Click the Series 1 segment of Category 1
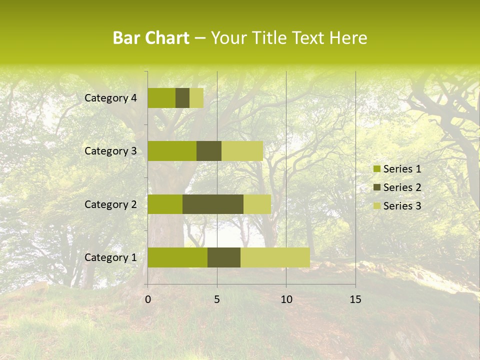coord(177,257)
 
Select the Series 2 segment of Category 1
coord(224,257)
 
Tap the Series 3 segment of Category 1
coord(275,257)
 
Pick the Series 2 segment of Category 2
coord(213,204)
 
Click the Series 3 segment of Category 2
coord(257,204)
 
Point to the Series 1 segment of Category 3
coord(172,151)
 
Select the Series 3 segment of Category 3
coord(242,151)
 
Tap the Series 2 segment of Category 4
coord(182,98)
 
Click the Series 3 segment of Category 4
coord(196,98)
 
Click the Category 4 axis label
coord(110,98)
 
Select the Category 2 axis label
coord(110,204)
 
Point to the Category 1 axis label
coord(110,257)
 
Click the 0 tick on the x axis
coord(148,299)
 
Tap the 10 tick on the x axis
coord(286,299)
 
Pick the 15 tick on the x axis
coord(355,299)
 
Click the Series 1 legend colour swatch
coord(376,169)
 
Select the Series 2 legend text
coord(402,187)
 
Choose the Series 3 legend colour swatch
coord(376,206)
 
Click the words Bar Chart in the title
coord(151,38)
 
